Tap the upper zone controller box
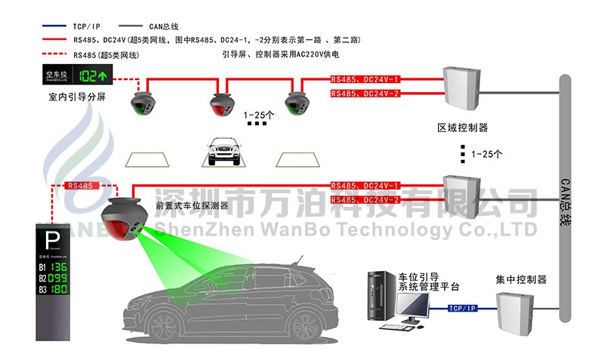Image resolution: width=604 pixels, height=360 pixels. click(x=461, y=86)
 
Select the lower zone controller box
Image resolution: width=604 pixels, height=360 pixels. click(x=461, y=193)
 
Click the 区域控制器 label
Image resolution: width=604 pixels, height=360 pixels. click(x=463, y=127)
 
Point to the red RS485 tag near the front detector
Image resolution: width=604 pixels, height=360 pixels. click(x=80, y=186)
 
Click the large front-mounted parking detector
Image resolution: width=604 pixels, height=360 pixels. click(x=123, y=218)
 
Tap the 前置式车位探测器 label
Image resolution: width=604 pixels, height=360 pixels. click(x=192, y=205)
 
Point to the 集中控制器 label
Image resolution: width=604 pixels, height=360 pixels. click(x=521, y=279)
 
